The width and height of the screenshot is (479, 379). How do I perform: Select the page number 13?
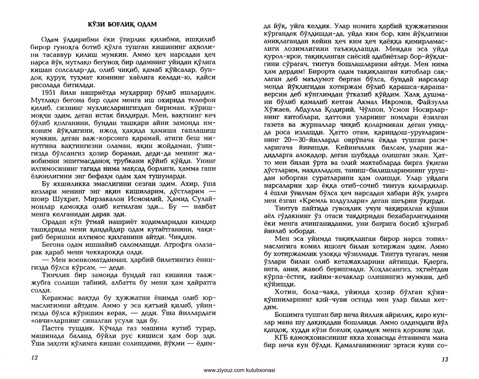pos(445,360)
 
